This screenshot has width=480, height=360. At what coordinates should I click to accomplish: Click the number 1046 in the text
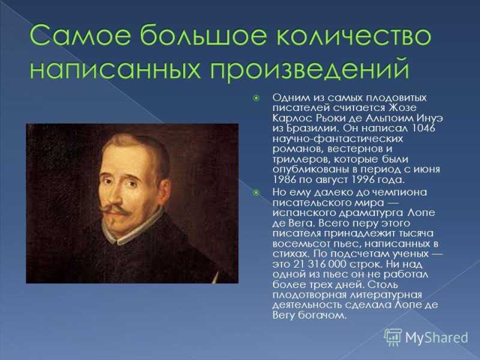tap(424, 128)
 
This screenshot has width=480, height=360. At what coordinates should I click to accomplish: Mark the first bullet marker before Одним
tap(256, 98)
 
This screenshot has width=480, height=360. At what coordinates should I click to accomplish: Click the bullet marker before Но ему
tap(256, 193)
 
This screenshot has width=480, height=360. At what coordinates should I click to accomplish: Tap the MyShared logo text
tap(437, 338)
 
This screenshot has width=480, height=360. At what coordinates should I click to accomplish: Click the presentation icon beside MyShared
tap(393, 337)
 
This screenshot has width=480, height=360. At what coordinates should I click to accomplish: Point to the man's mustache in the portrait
tap(114, 209)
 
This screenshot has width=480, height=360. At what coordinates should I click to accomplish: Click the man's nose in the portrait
tap(115, 195)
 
